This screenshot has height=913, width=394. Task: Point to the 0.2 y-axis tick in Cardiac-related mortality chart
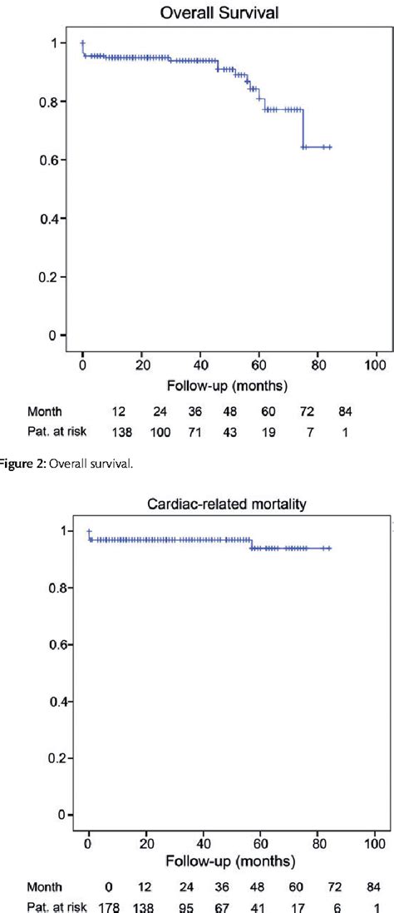click(55, 758)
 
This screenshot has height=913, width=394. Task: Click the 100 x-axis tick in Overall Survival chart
click(376, 365)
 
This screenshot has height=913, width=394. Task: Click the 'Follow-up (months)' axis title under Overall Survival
click(227, 386)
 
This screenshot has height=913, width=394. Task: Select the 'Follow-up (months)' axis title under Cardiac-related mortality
click(232, 861)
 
